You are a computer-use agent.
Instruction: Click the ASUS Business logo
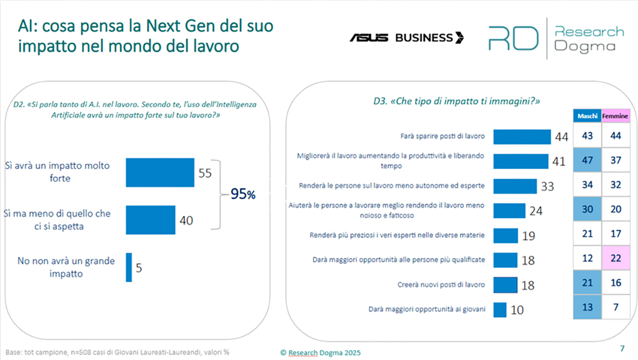click(x=407, y=37)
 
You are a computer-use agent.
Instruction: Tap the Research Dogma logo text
click(x=588, y=38)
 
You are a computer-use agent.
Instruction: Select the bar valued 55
click(x=160, y=173)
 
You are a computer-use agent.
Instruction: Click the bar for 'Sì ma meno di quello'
click(x=150, y=220)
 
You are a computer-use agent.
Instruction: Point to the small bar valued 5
click(x=129, y=267)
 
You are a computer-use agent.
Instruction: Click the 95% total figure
click(x=243, y=195)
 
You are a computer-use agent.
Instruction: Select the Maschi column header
click(x=587, y=116)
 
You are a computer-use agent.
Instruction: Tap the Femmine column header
click(x=615, y=116)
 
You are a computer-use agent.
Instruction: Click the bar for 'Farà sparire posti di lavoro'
click(x=522, y=137)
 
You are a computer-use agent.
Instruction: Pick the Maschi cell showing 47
click(x=587, y=161)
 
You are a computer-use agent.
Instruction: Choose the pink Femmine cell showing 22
click(x=615, y=258)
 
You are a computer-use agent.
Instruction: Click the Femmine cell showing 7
click(x=615, y=307)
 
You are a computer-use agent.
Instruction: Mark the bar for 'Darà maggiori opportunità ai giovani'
click(x=500, y=309)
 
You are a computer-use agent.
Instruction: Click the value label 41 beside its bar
click(x=558, y=162)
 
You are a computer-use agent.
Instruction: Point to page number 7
click(x=623, y=349)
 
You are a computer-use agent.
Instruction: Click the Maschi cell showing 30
click(x=587, y=210)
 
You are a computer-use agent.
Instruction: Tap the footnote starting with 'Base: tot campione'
click(x=117, y=352)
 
